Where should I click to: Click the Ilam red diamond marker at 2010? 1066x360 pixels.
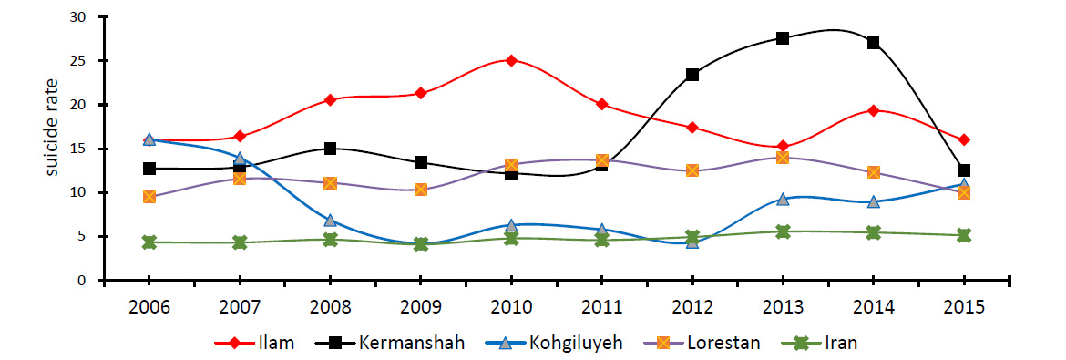511,60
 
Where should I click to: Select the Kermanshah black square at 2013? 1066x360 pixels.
783,38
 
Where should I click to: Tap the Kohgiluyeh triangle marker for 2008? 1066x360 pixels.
331,220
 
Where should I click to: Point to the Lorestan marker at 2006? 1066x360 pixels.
149,197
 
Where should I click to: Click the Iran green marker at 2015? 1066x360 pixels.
963,235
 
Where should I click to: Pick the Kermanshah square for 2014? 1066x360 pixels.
873,43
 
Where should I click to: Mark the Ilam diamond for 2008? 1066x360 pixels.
331,99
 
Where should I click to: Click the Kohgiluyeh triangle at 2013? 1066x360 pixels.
783,199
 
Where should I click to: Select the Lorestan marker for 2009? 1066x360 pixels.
421,190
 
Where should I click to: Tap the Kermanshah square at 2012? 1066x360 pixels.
692,74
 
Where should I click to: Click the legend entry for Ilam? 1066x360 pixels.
254,343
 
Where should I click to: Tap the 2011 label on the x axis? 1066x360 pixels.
601,306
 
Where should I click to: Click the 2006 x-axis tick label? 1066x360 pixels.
149,306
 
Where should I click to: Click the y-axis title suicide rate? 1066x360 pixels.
52,128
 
